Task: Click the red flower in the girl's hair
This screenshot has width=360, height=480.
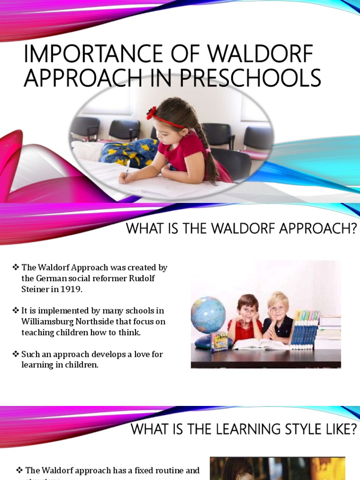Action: (151, 113)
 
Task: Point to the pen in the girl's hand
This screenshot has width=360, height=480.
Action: (127, 169)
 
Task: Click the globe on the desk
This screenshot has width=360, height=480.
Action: (208, 315)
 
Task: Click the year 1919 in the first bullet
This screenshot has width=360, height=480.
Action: (71, 289)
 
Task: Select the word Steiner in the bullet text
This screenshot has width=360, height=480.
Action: (35, 289)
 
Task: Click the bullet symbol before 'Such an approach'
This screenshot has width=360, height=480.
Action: (16, 354)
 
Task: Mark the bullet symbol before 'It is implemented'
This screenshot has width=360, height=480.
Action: (16, 311)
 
